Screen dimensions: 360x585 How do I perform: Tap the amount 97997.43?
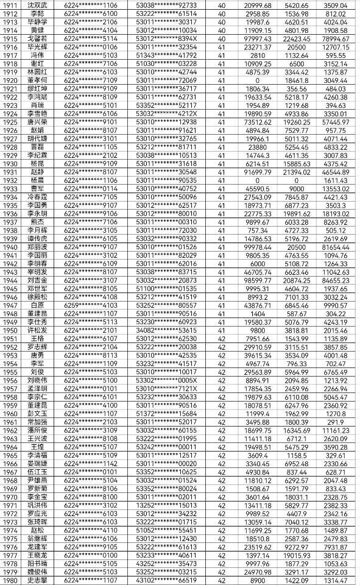point(257,38)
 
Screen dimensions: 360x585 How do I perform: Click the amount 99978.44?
point(257,246)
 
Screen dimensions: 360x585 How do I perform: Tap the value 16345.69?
point(296,430)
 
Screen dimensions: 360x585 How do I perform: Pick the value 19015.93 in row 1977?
point(296,556)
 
